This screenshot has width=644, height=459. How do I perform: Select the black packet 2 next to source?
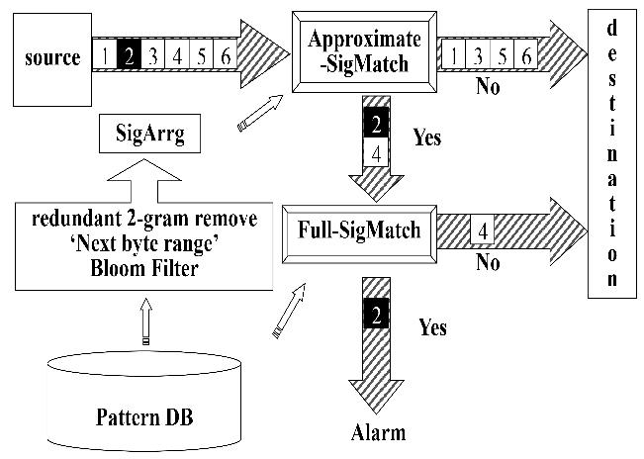coord(128,57)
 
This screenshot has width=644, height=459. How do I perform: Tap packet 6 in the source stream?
coord(227,57)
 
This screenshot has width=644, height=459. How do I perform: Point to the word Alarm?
coord(378,433)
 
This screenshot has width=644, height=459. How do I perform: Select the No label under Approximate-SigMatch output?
coord(487,87)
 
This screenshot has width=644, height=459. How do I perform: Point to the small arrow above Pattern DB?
coord(146,322)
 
